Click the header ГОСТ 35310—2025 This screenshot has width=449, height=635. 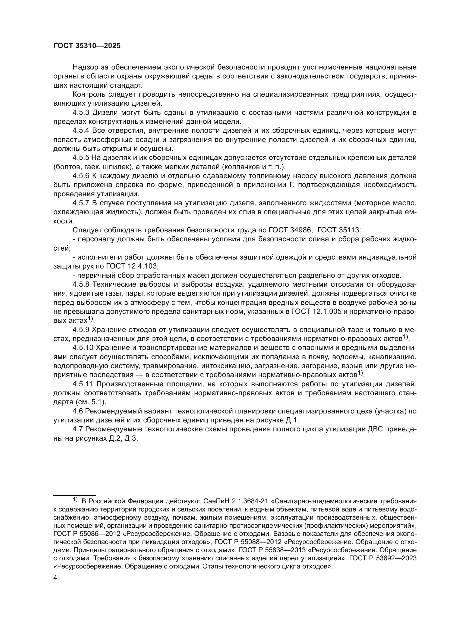(x=87, y=46)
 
